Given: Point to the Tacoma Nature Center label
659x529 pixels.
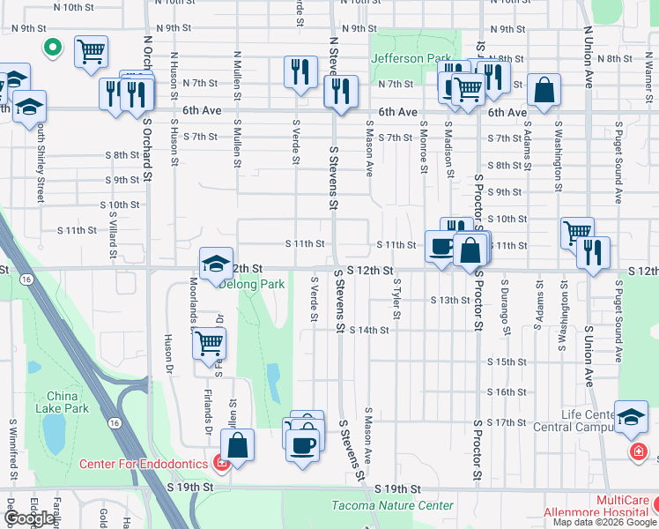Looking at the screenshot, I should pos(393,505).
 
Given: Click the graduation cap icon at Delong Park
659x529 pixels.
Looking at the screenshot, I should pos(216,264).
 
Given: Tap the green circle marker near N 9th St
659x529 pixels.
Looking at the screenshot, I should pos(52,48).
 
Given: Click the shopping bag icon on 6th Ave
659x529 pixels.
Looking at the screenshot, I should pos(544,90).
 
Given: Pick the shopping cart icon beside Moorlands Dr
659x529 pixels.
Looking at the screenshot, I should pos(209,343).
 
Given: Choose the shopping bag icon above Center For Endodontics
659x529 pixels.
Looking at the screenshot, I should pos(237,445).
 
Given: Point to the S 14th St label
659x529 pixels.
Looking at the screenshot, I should pos(368,330).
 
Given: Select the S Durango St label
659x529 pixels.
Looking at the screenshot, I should pos(506,309).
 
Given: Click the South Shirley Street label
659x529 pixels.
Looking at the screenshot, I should pos(41,163).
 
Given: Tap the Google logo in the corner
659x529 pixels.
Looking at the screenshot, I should pos(30,518).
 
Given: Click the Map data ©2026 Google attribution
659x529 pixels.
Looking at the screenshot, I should pos(604,522).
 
